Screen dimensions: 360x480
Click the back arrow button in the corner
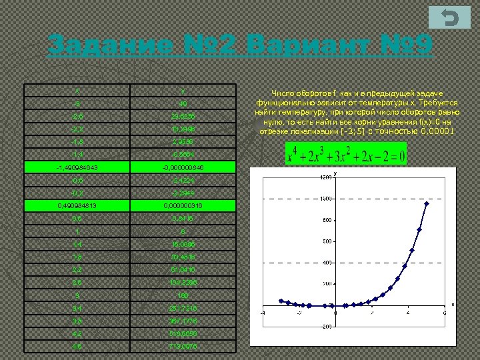[450, 19]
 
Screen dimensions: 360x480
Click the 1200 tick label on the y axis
[325, 178]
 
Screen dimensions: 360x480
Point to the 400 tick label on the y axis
[327, 263]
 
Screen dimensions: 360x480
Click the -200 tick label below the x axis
[326, 327]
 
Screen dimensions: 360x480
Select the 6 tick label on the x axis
[444, 313]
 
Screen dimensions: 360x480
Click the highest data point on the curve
[427, 204]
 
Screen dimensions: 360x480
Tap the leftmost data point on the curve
[281, 301]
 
